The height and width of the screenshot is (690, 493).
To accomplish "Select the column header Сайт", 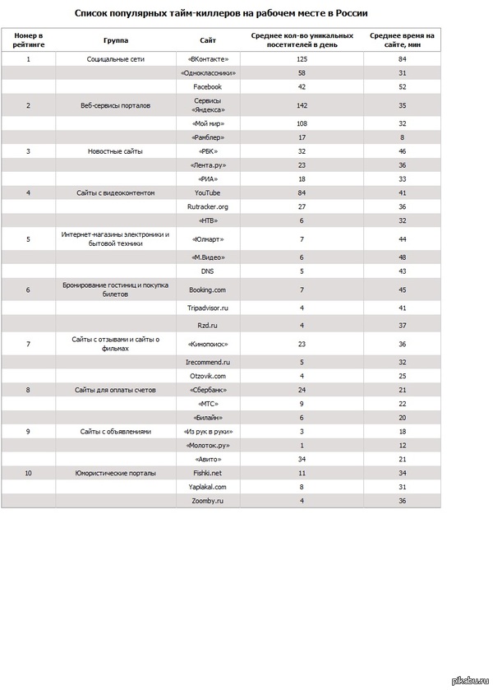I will pyautogui.click(x=208, y=40).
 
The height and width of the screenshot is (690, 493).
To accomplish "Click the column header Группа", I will pyautogui.click(x=116, y=40).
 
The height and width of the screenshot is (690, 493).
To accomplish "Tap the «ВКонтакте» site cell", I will pyautogui.click(x=208, y=59).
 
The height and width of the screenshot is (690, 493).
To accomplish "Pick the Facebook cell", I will pyautogui.click(x=208, y=86).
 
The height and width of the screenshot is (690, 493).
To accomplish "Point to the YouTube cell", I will pyautogui.click(x=208, y=192).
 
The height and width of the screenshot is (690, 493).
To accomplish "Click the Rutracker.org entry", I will pyautogui.click(x=208, y=206).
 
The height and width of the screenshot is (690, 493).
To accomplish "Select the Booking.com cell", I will pyautogui.click(x=208, y=289).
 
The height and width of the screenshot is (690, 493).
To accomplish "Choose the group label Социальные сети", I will pyautogui.click(x=116, y=59).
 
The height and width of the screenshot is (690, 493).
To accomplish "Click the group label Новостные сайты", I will pyautogui.click(x=116, y=151).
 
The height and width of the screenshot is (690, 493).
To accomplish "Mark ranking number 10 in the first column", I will pyautogui.click(x=29, y=473).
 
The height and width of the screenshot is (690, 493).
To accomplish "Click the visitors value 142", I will pyautogui.click(x=302, y=105).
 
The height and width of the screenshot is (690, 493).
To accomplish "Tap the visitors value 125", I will pyautogui.click(x=302, y=59).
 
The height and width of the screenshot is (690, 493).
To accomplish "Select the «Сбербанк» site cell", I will pyautogui.click(x=208, y=389).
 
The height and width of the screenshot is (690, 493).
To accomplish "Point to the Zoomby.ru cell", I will pyautogui.click(x=208, y=500).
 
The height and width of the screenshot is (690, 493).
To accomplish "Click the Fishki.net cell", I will pyautogui.click(x=208, y=473).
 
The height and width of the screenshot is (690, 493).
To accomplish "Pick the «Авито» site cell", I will pyautogui.click(x=208, y=458).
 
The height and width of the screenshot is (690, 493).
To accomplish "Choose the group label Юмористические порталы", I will pyautogui.click(x=116, y=473).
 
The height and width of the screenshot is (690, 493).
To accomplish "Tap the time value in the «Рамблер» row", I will pyautogui.click(x=403, y=137).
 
